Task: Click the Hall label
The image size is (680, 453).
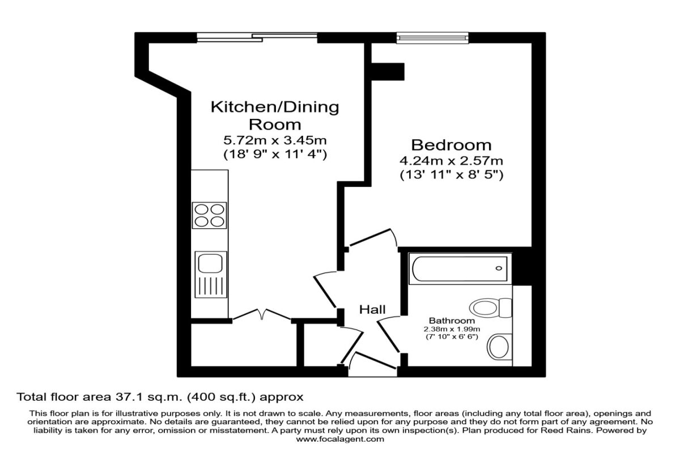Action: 372,310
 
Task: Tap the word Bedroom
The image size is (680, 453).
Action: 451,145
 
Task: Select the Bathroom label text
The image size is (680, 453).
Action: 452,320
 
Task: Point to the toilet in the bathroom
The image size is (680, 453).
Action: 491,308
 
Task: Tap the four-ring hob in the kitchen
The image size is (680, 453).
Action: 210,215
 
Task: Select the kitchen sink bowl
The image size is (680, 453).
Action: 210,263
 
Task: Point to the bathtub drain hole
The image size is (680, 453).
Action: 499,268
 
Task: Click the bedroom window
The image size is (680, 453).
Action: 432,37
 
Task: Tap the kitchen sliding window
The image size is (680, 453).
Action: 257,37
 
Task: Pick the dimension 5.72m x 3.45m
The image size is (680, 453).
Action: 275,140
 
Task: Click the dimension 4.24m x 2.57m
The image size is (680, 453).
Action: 451,161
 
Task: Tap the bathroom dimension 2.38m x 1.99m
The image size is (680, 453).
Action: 452,329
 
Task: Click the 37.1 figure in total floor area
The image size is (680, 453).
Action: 128,397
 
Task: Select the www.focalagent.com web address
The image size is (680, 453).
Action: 340,439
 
